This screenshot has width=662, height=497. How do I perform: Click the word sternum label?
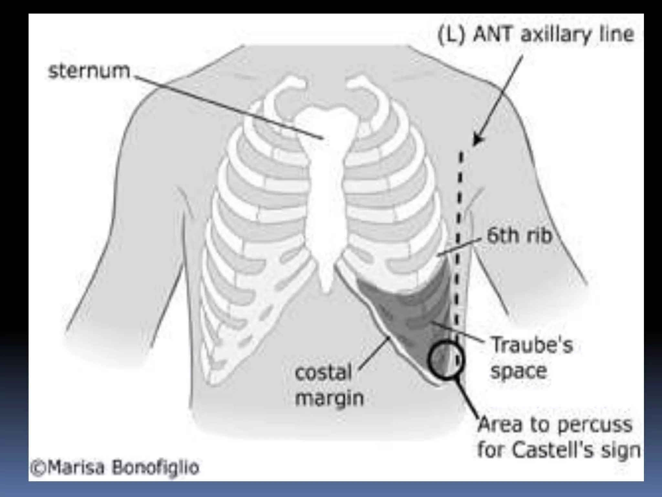(89, 71)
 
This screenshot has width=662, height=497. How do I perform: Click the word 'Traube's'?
(532, 345)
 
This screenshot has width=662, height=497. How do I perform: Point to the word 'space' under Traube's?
(518, 371)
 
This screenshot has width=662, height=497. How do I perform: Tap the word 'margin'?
(329, 398)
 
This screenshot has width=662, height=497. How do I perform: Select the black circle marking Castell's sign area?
(446, 359)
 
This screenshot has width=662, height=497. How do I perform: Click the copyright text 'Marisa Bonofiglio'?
(123, 468)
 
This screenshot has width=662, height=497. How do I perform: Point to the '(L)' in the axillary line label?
(451, 35)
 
